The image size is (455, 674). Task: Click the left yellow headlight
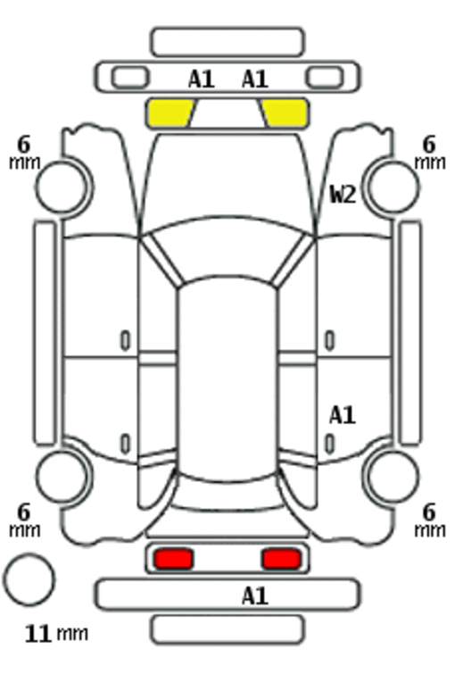pyautogui.click(x=170, y=113)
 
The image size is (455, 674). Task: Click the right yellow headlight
pyautogui.click(x=285, y=113)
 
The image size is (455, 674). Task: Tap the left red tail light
pyautogui.click(x=174, y=559)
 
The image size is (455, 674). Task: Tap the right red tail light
pyautogui.click(x=281, y=559)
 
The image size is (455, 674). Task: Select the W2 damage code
pyautogui.click(x=343, y=195)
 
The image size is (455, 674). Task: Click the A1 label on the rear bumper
pyautogui.click(x=255, y=596)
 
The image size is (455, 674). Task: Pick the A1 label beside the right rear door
pyautogui.click(x=343, y=416)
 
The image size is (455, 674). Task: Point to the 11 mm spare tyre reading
pyautogui.click(x=56, y=634)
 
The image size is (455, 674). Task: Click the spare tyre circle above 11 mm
pyautogui.click(x=29, y=579)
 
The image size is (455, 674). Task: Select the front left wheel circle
pyautogui.click(x=62, y=187)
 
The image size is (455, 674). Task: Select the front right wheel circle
pyautogui.click(x=393, y=187)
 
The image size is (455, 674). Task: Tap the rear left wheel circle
pyautogui.click(x=62, y=477)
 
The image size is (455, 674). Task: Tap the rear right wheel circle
pyautogui.click(x=393, y=477)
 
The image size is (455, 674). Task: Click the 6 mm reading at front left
pyautogui.click(x=24, y=153)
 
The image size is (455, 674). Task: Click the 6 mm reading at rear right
pyautogui.click(x=430, y=520)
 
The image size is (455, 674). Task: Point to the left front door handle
pyautogui.click(x=125, y=341)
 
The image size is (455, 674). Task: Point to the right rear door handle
pyautogui.click(x=329, y=444)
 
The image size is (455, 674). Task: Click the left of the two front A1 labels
pyautogui.click(x=202, y=79)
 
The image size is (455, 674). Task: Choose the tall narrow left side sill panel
pyautogui.click(x=45, y=333)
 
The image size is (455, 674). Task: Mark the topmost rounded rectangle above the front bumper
pyautogui.click(x=227, y=42)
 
